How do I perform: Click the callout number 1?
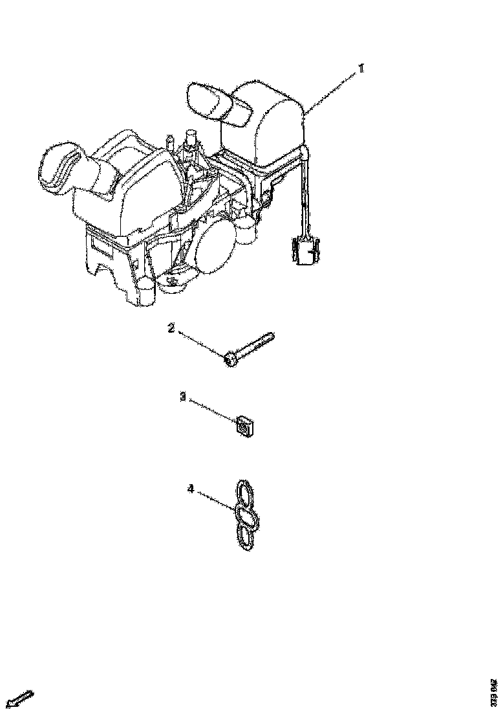[361, 68]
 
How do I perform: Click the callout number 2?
[171, 328]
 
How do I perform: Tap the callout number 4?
[190, 489]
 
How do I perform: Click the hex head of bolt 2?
[231, 358]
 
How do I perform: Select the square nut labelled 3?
[242, 426]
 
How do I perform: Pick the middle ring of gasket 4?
[246, 516]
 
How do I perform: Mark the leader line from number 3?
[210, 411]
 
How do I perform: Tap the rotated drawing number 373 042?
[494, 692]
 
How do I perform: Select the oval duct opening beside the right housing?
[209, 100]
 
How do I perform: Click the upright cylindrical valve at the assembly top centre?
[191, 142]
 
